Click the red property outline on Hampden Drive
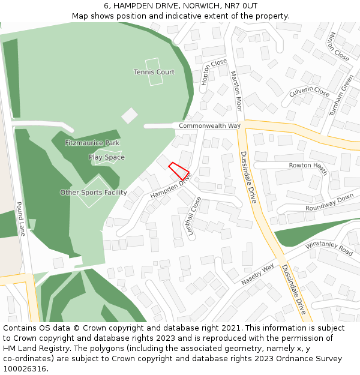pos(178,170)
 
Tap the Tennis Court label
pos(154,72)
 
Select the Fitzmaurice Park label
pos(92,143)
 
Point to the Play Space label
pos(107,157)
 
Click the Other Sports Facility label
pos(94,193)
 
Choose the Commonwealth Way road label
pos(209,126)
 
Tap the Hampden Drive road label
pos(170,186)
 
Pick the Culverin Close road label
pos(310,92)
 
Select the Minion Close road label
pos(338,46)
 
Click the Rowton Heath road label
pos(308,166)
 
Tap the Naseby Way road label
pos(257,274)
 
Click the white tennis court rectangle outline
pos(154,72)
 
